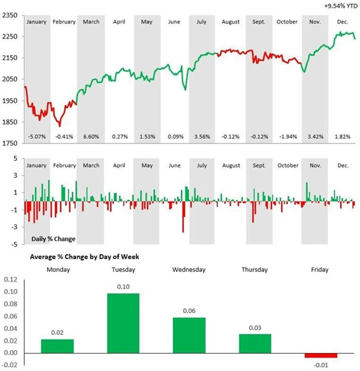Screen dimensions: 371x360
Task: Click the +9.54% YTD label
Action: coord(340,6)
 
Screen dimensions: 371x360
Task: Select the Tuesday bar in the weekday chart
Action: coord(123,323)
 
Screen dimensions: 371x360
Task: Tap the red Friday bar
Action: coord(321,355)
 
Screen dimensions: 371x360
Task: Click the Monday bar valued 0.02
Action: coord(57,346)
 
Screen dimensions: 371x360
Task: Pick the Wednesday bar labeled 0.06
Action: coord(189,335)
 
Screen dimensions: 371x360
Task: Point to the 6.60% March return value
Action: coord(91,137)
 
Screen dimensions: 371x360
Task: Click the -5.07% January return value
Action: coord(36,137)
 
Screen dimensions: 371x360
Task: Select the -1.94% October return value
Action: coord(287,137)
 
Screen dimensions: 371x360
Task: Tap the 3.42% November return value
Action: coord(315,137)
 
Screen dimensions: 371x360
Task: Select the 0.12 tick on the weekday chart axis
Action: coord(11,279)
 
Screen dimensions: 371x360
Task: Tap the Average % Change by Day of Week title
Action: coord(84,256)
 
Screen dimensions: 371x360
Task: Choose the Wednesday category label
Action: coord(189,269)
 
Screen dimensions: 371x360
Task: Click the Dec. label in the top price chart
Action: coord(343,22)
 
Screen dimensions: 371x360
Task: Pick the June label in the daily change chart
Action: coord(175,166)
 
